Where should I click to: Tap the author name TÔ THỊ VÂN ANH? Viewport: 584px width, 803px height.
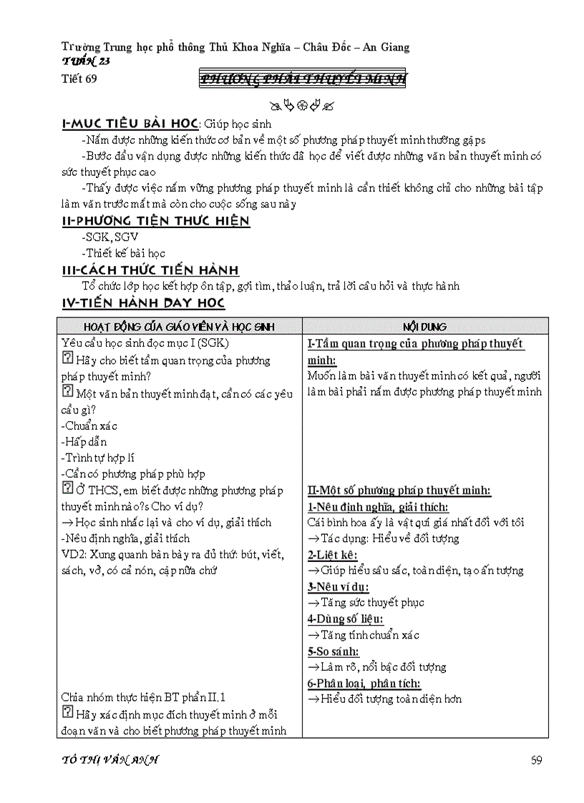(110, 759)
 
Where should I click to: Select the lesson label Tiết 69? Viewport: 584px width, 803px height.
(79, 79)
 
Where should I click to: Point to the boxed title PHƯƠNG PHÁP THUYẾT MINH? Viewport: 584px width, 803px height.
(302, 79)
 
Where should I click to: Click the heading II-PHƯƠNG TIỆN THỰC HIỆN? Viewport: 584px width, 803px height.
(156, 220)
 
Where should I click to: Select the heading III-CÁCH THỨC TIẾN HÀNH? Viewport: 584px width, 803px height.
(151, 270)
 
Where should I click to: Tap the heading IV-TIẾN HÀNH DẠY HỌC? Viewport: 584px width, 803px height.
(143, 302)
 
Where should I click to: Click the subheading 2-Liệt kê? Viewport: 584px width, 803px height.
(333, 554)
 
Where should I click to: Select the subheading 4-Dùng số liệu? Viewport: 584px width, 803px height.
(345, 619)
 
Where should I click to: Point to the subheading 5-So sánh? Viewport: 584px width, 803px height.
(334, 651)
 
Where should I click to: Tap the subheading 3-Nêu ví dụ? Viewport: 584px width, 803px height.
(339, 586)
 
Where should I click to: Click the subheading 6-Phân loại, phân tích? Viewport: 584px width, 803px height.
(364, 683)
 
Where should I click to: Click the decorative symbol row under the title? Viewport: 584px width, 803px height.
(301, 107)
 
